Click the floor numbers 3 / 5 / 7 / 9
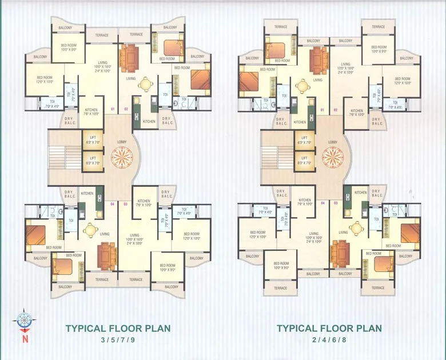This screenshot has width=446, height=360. [117, 341]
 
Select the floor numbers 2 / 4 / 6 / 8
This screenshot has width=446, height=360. [329, 341]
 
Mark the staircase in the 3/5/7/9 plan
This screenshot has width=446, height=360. [66, 157]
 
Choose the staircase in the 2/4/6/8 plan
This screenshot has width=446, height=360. [278, 157]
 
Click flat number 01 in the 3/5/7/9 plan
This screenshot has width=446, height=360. [113, 109]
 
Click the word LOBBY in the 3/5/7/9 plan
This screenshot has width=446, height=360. [122, 142]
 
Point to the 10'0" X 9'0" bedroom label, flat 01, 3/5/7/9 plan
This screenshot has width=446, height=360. [69, 47]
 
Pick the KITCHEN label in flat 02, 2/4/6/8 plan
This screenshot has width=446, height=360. [357, 112]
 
